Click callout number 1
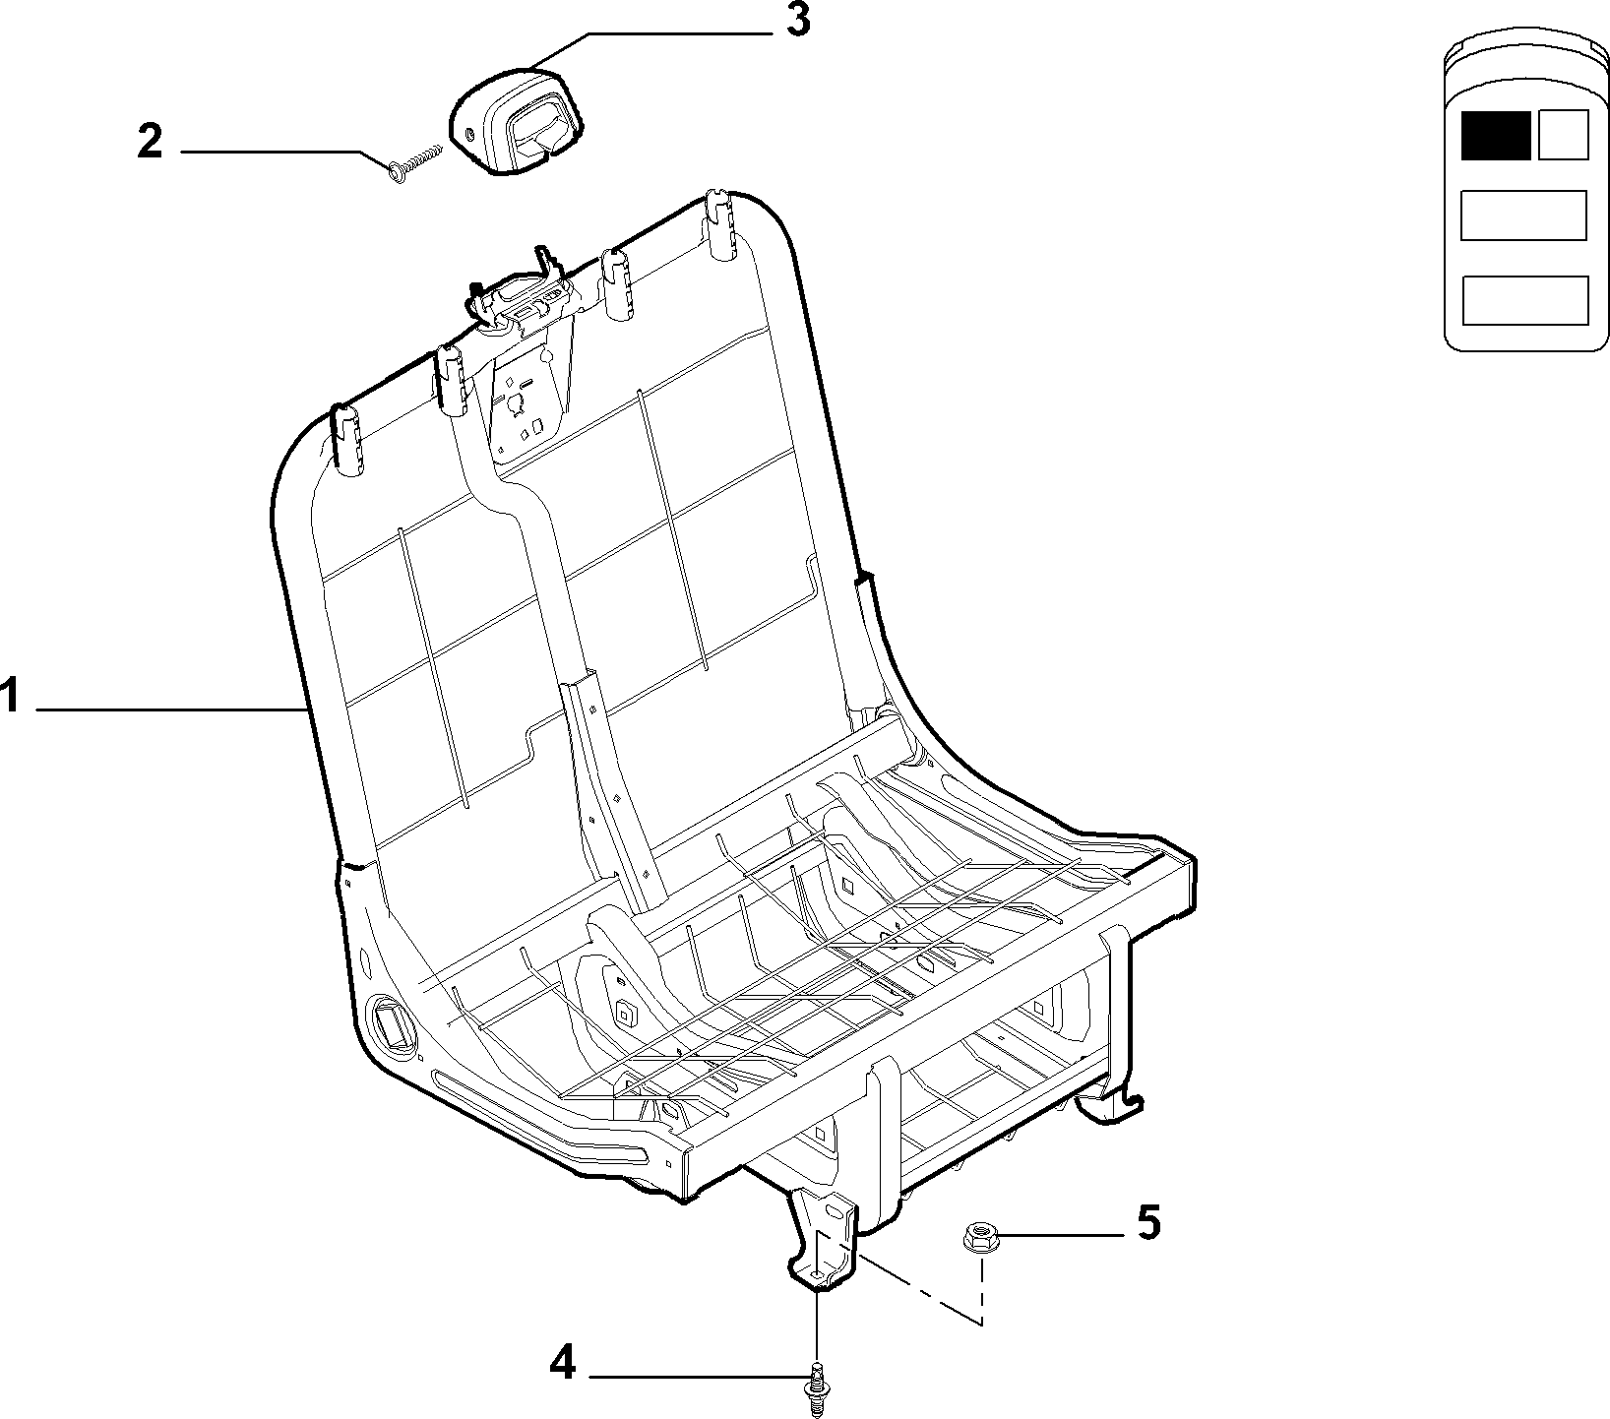(x=9, y=697)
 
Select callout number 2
(x=150, y=142)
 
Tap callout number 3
(x=797, y=21)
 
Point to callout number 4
(x=562, y=1364)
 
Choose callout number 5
(x=1147, y=1223)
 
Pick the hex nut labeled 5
(x=976, y=1236)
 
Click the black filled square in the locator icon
(x=1495, y=135)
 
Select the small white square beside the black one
(x=1562, y=135)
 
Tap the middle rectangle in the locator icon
(x=1523, y=216)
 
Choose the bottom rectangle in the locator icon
(x=1524, y=300)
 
